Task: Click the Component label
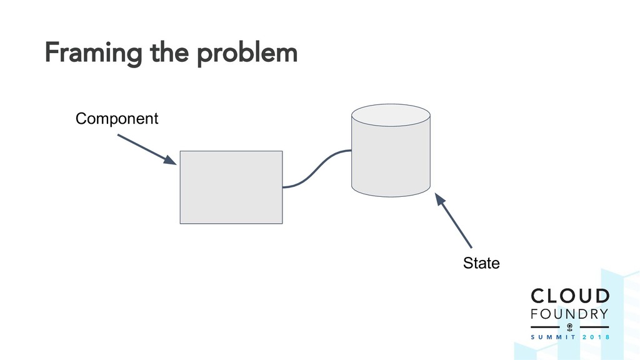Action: pyautogui.click(x=117, y=118)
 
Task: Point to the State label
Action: pyautogui.click(x=481, y=263)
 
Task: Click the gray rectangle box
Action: pyautogui.click(x=231, y=187)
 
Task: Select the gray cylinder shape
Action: pyautogui.click(x=391, y=159)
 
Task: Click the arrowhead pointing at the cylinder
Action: pyautogui.click(x=440, y=199)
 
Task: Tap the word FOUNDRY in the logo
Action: pyautogui.click(x=569, y=313)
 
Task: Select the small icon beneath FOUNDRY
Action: pyautogui.click(x=569, y=327)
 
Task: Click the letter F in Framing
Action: pyautogui.click(x=50, y=54)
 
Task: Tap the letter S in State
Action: pyautogui.click(x=467, y=263)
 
